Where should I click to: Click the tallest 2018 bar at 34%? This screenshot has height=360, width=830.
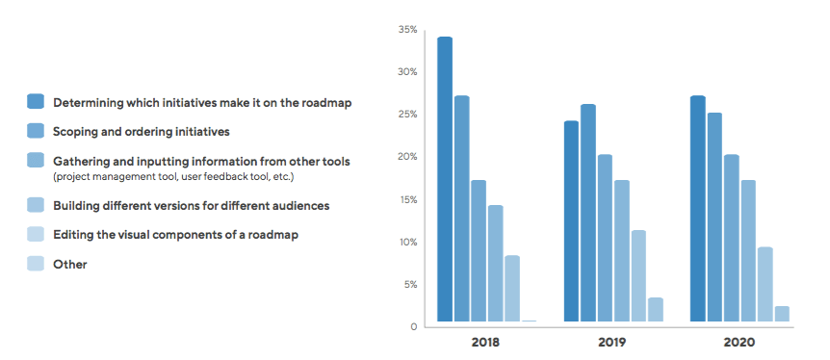click(x=445, y=178)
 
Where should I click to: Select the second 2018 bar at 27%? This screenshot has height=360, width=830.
click(x=461, y=208)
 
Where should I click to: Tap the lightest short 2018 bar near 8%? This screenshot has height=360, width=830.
click(x=512, y=288)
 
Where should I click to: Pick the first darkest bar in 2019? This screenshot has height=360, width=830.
click(x=571, y=220)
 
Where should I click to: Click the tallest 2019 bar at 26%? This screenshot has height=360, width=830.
click(x=588, y=212)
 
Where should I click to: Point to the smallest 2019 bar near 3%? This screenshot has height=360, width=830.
click(x=656, y=309)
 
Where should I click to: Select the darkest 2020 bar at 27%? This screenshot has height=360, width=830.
click(x=698, y=208)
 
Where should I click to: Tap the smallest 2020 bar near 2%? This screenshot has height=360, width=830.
click(x=782, y=313)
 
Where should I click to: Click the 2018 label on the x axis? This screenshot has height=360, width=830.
click(x=485, y=342)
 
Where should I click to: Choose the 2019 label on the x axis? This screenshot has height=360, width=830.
click(x=612, y=342)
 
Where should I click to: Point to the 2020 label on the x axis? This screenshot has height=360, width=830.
click(x=739, y=342)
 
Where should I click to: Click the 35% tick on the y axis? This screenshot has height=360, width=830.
click(x=407, y=31)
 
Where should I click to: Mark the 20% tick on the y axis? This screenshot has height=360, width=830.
click(x=407, y=158)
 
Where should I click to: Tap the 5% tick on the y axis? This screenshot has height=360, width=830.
click(x=408, y=285)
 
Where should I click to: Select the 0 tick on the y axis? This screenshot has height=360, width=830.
click(x=414, y=327)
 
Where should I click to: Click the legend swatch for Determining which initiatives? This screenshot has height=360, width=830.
click(x=36, y=101)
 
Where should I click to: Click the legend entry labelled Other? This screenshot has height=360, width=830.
click(x=70, y=264)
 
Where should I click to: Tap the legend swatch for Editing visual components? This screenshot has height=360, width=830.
click(x=36, y=234)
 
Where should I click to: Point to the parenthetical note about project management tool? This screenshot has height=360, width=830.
click(x=173, y=177)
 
